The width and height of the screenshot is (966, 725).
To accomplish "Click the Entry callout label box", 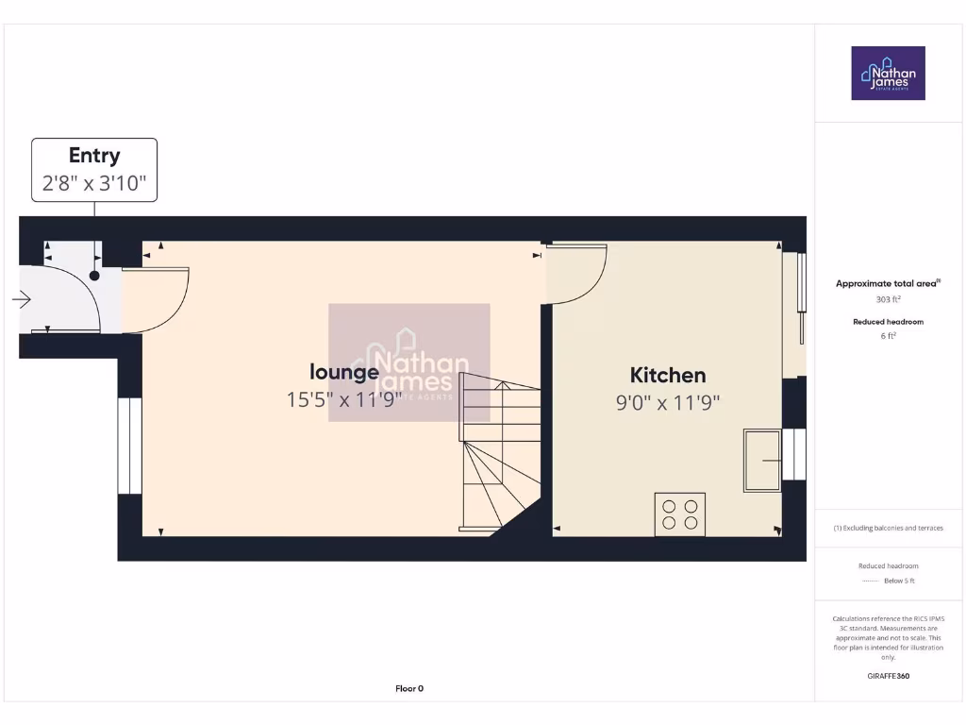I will tap(94, 170).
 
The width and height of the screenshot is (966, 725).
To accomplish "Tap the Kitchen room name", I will tap(667, 376).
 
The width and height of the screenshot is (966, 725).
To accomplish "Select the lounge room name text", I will tap(344, 372).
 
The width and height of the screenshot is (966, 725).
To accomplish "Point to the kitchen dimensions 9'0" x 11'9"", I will tap(668, 403).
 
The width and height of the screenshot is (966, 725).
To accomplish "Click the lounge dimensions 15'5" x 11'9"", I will tap(344, 399).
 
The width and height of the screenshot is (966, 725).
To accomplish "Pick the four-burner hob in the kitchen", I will tap(679, 514).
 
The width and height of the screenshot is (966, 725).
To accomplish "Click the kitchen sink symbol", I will tap(761, 460).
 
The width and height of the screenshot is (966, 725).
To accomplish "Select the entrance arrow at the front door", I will tap(21, 300).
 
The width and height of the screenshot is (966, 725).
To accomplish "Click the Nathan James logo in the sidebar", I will tap(888, 74).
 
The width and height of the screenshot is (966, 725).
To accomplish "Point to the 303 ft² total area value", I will tap(888, 299).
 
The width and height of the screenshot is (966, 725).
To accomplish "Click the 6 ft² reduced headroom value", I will tap(888, 335).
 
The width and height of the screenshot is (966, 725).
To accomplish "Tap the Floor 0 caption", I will tap(408, 688).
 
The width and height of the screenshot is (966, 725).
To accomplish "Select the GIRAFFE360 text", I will tap(888, 676).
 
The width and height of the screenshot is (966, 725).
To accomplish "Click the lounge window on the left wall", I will tap(129, 446).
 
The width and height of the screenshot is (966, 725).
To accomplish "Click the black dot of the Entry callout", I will tap(94, 276).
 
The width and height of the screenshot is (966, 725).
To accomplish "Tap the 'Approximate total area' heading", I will tap(888, 283).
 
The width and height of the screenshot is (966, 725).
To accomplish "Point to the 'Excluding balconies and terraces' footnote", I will tap(888, 528).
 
